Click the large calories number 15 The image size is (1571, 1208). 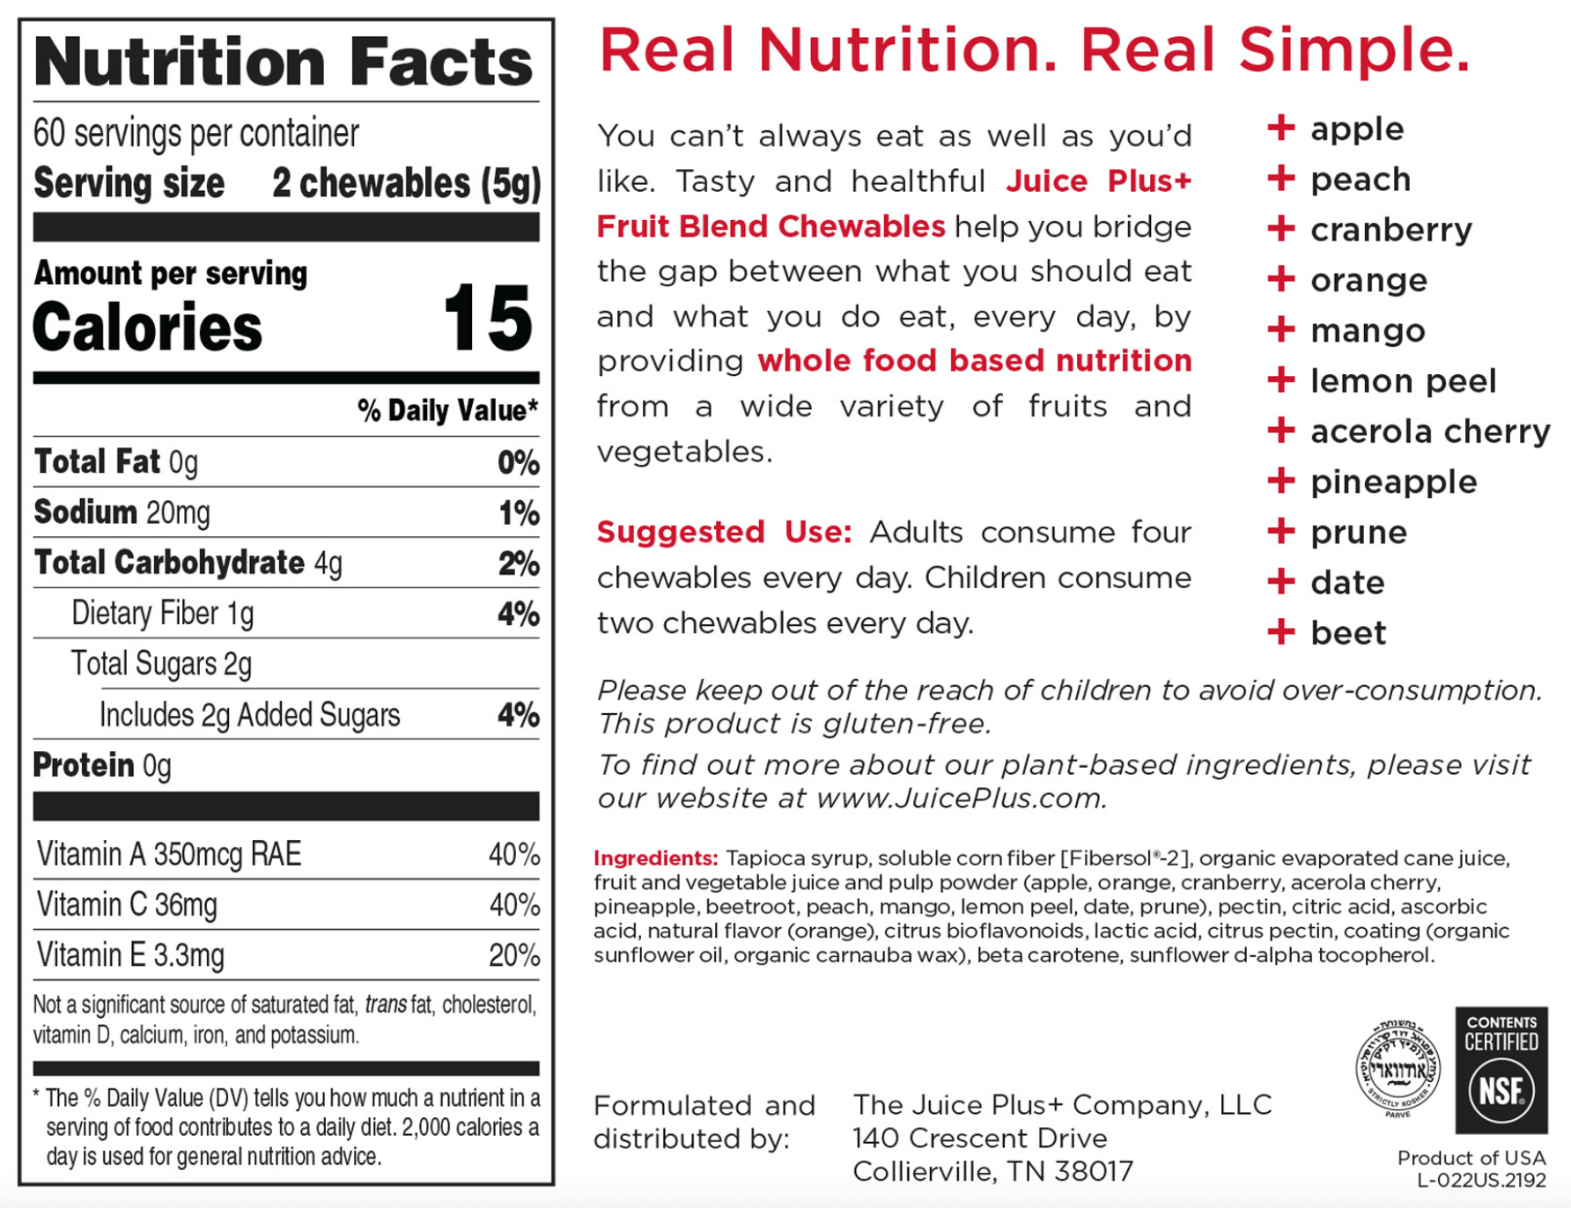(x=488, y=319)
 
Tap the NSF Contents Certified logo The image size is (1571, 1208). (x=1501, y=1070)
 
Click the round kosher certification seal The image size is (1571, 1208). (x=1398, y=1068)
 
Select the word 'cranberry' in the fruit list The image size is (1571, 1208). (x=1390, y=231)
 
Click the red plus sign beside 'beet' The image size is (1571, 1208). (x=1280, y=631)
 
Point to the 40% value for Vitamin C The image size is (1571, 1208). (x=513, y=905)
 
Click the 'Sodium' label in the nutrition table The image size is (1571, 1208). (x=85, y=512)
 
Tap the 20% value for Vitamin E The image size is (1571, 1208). (x=513, y=955)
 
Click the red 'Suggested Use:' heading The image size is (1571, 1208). (x=724, y=533)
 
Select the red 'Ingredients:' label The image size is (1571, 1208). (x=655, y=858)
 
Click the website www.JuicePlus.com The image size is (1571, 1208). (x=959, y=799)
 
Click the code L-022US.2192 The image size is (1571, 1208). (x=1480, y=1181)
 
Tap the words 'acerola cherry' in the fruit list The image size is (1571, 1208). (x=1429, y=432)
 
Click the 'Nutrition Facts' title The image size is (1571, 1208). (x=284, y=62)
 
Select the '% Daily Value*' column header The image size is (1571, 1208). (x=447, y=410)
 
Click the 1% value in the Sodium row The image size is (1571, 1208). (x=519, y=513)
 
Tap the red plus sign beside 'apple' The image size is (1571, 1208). (x=1280, y=128)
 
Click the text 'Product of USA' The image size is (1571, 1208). (x=1471, y=1158)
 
